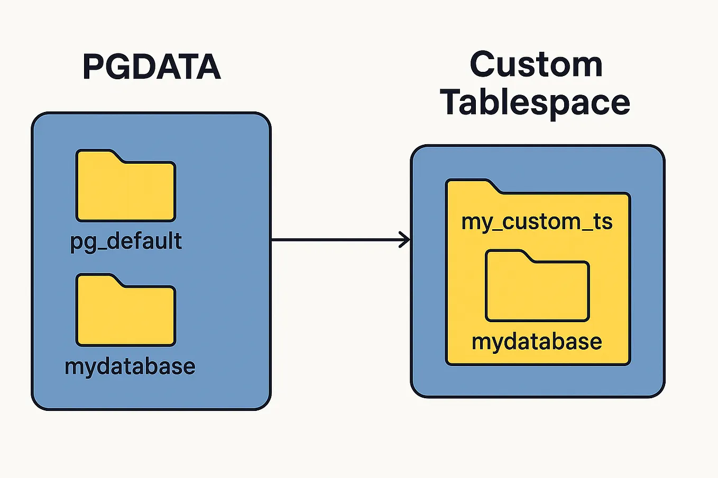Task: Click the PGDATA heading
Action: pos(151,67)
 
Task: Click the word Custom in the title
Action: pos(536,65)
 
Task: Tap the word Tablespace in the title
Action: pos(535,102)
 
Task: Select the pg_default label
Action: pos(126,241)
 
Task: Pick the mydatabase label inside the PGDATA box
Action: pos(130,366)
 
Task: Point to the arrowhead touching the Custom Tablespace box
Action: pos(406,240)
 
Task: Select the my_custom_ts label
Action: pos(537,222)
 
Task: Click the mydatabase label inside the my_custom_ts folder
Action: pos(537,342)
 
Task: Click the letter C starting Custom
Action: pos(482,65)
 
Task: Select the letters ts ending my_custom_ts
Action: pos(603,222)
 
